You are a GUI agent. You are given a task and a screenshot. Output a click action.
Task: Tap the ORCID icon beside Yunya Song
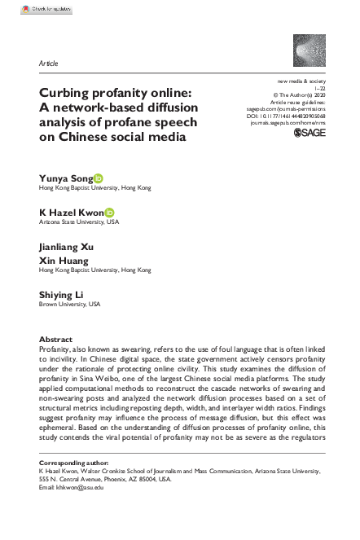pyautogui.click(x=98, y=177)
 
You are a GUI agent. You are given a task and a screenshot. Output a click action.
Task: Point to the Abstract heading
pyautogui.click(x=56, y=339)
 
